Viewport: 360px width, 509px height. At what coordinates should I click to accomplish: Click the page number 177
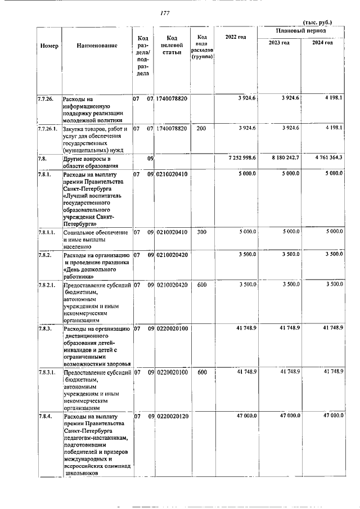click(165, 13)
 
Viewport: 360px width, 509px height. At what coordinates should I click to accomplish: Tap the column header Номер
click(49, 45)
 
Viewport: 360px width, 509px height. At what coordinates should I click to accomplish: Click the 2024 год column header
click(322, 43)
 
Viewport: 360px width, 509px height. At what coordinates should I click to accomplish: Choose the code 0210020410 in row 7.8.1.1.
click(173, 232)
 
